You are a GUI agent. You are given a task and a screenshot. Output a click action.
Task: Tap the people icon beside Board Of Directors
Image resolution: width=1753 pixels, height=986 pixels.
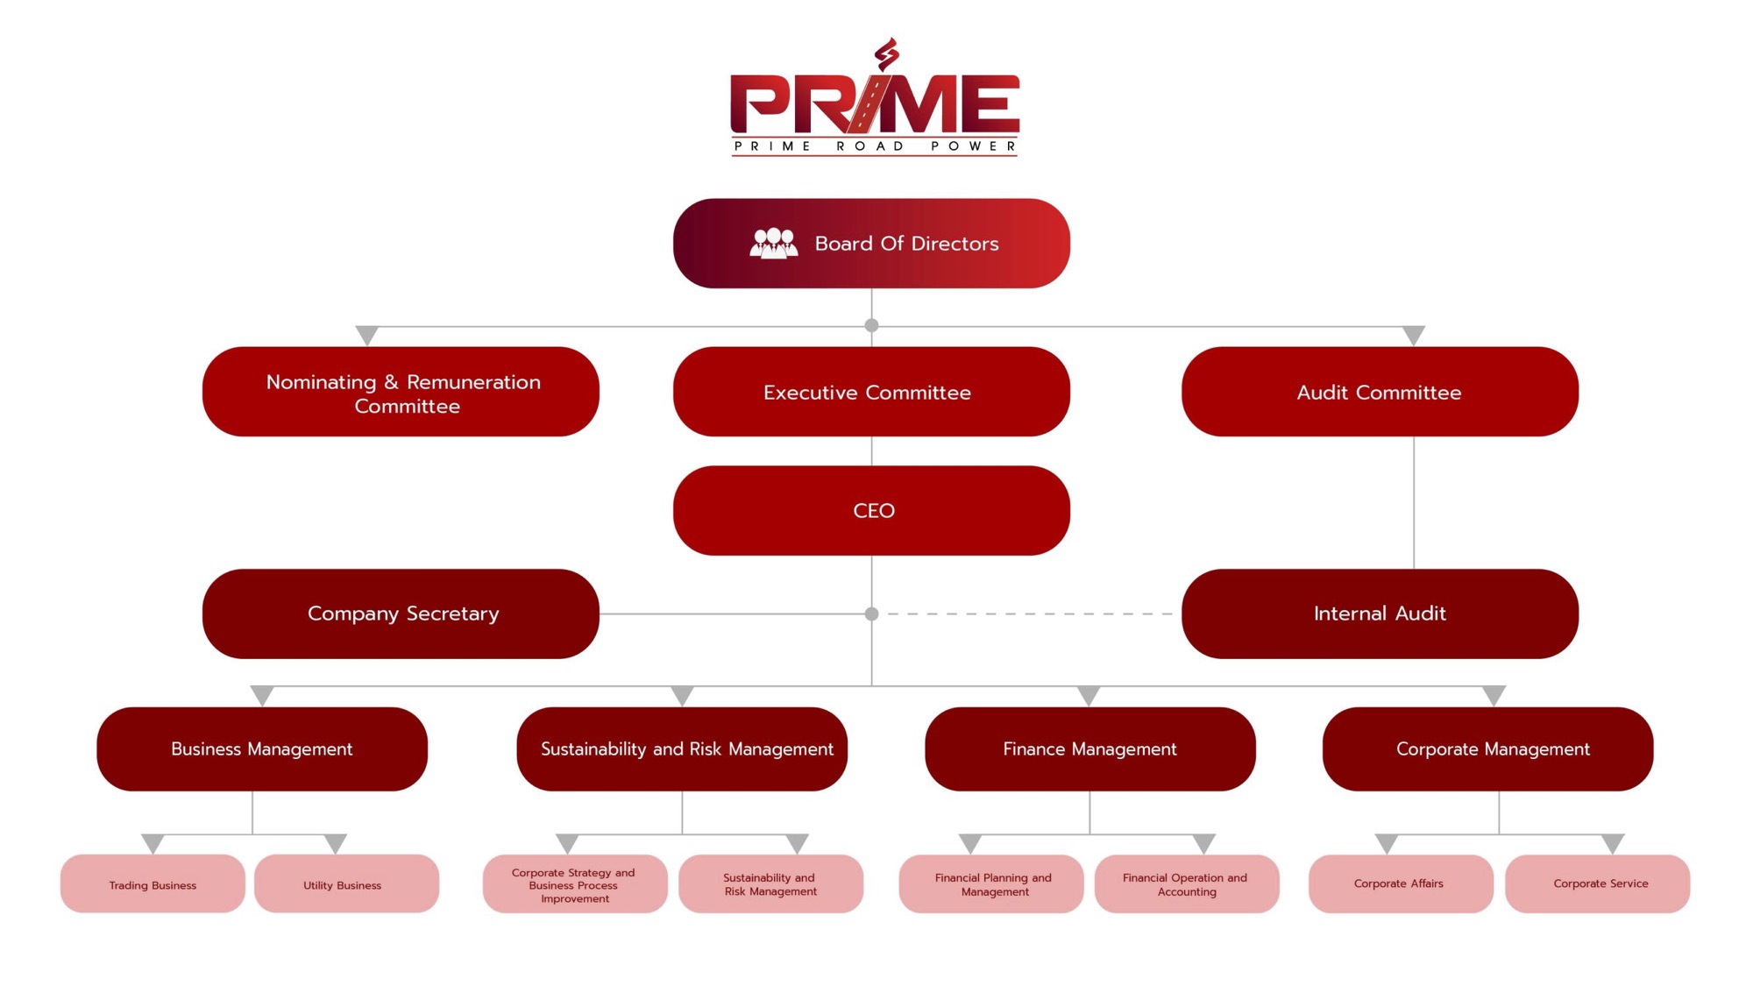(773, 243)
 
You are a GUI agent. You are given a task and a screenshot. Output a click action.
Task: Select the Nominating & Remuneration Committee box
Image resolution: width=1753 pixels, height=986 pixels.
(401, 392)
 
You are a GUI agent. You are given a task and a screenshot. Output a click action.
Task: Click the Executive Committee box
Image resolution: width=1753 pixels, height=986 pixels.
(870, 392)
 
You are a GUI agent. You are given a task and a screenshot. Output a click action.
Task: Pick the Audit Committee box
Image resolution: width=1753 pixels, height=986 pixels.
(1379, 392)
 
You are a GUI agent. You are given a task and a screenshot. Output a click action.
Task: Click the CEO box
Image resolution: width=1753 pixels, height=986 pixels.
(870, 510)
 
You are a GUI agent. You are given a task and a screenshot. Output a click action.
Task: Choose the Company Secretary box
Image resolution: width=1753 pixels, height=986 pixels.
(401, 614)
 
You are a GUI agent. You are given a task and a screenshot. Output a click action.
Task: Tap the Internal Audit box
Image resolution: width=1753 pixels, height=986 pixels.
(1379, 614)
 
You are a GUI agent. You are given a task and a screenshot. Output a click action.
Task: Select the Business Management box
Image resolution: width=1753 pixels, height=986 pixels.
(261, 748)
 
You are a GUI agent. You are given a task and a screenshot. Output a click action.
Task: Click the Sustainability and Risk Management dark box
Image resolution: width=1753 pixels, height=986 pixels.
(682, 748)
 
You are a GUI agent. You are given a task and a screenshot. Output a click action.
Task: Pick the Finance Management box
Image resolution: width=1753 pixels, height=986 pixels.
(1089, 748)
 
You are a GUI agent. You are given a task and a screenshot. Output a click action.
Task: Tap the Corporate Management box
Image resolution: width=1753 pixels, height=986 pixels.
(1487, 748)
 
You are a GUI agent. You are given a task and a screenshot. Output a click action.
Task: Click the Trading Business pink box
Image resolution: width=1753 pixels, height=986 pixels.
(153, 884)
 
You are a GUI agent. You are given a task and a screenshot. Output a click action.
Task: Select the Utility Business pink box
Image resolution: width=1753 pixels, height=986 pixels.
(346, 884)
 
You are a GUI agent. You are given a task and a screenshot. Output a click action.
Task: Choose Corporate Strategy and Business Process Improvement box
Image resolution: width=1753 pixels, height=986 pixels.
(574, 884)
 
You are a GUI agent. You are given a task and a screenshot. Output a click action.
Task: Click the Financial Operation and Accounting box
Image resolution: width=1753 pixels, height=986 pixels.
(1186, 884)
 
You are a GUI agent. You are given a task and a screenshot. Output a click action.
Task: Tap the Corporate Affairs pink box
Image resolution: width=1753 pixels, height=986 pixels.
(1400, 883)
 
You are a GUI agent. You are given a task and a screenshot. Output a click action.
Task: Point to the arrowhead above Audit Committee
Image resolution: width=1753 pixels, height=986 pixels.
(1413, 335)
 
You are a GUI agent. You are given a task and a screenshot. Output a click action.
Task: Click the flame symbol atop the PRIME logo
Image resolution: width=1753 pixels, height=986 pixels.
(887, 54)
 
